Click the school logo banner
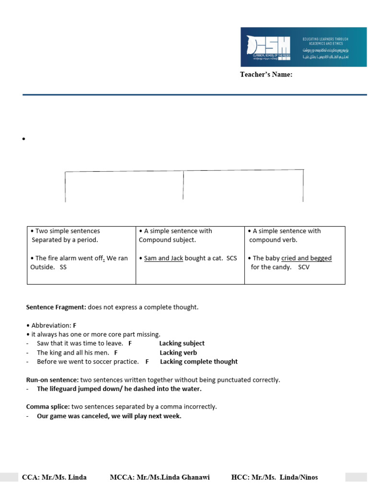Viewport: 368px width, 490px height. coord(303,46)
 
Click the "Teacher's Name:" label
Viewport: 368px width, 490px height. coord(266,74)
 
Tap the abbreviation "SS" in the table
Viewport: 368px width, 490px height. coord(63,267)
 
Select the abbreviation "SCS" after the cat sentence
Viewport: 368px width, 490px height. coord(232,258)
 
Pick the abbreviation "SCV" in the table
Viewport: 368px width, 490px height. coord(304,267)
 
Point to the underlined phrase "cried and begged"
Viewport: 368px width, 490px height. coord(306,258)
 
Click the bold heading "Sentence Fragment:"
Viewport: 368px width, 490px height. coord(56,307)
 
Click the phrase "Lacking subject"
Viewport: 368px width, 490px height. coord(182,343)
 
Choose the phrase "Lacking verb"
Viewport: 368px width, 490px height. coord(178,353)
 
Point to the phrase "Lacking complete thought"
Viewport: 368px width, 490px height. coord(198,362)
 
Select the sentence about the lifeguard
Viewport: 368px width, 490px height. coord(119,389)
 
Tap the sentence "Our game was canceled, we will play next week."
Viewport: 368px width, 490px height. coord(109,416)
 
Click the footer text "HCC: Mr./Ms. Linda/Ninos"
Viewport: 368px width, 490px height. coord(274,477)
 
